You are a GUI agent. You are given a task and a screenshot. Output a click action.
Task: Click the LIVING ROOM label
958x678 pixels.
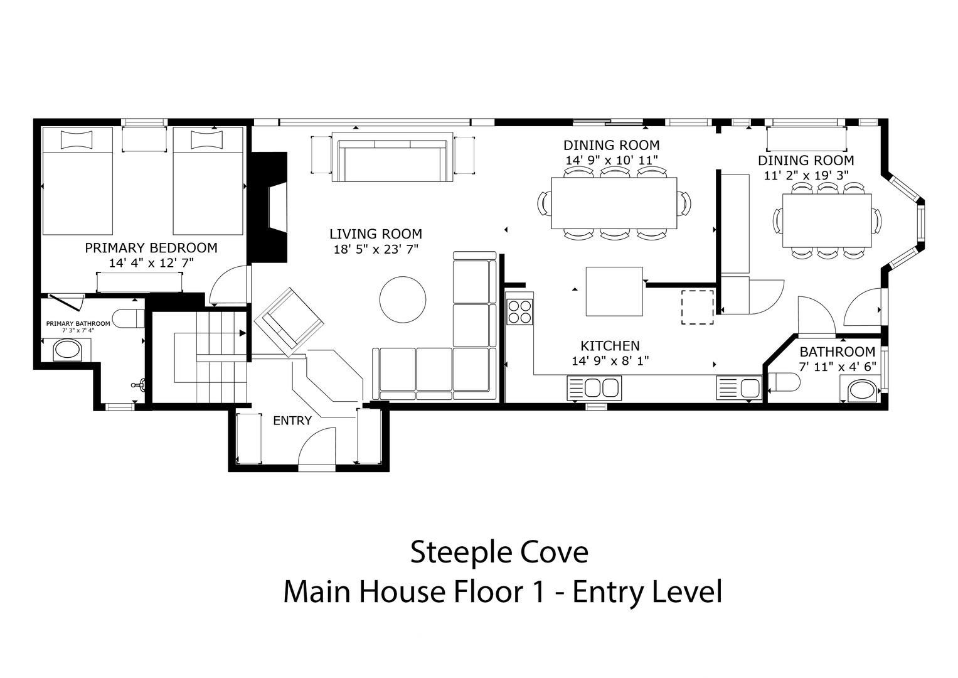click(376, 234)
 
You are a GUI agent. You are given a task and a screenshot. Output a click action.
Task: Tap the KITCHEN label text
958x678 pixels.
click(610, 346)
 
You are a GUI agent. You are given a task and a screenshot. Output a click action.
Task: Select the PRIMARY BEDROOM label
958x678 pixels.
click(151, 248)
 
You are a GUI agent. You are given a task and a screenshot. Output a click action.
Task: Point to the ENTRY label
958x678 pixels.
click(292, 421)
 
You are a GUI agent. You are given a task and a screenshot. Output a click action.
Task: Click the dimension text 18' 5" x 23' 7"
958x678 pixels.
click(376, 249)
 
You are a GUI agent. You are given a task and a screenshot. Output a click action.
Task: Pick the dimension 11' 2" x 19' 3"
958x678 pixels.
click(806, 176)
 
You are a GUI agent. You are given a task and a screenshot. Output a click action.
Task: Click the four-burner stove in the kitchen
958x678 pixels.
click(519, 311)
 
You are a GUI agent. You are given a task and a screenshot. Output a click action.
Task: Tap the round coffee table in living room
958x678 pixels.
click(402, 299)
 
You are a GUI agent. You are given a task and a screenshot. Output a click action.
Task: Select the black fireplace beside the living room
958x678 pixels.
click(269, 207)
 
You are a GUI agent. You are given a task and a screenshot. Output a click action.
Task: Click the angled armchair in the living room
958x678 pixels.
click(289, 322)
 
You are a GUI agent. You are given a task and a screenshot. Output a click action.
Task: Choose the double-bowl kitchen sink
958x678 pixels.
click(594, 388)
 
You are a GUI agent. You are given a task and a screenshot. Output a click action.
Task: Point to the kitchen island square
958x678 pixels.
click(614, 291)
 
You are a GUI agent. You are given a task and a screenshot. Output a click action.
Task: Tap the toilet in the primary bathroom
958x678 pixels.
click(131, 318)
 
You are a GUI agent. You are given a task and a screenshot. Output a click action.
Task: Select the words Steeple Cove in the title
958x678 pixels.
click(499, 552)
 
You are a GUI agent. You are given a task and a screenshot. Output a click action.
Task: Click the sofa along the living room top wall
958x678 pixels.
click(392, 157)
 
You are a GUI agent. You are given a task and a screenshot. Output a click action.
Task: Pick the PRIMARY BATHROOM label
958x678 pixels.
click(78, 323)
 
